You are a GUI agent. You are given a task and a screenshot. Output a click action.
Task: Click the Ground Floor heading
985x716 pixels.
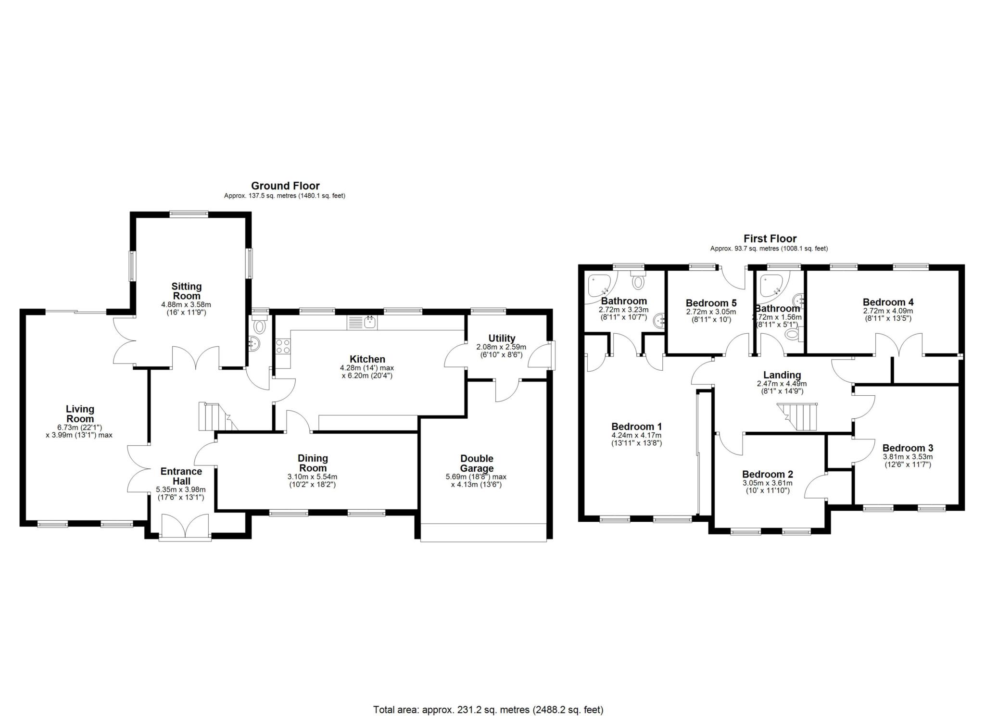coord(285,186)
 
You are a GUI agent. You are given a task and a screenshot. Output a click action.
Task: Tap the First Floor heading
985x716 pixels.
coord(770,239)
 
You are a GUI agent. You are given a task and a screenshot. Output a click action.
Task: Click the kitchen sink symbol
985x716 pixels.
coord(369,323)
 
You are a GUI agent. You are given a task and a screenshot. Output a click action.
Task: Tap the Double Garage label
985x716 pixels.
coord(476,463)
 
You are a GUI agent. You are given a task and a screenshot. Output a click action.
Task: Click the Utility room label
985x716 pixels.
coord(501,338)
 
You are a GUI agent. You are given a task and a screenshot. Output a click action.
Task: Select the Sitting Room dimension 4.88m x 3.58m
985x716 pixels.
coord(186,304)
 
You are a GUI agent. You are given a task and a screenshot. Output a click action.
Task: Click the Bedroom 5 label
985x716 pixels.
coord(710,303)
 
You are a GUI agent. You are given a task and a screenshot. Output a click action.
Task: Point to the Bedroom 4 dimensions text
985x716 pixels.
coord(888,311)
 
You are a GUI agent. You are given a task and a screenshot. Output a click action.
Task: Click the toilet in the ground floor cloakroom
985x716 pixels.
coord(260,327)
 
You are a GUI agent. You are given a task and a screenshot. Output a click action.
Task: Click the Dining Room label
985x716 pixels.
coord(313,463)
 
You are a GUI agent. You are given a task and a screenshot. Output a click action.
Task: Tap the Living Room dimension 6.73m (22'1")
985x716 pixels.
coord(80,427)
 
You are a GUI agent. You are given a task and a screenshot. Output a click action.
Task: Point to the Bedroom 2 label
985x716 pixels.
coord(767,474)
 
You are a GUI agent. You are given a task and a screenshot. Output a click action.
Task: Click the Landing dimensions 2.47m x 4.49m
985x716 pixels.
coord(782,384)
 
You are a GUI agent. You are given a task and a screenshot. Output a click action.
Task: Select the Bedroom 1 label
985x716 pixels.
coord(636,427)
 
